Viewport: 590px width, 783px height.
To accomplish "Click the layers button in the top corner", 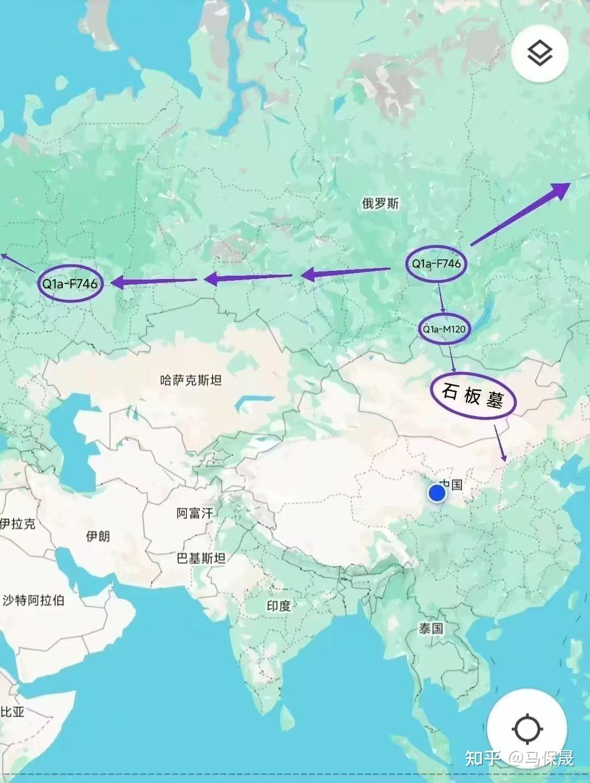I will pos(540,54).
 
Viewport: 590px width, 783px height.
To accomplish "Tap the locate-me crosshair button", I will pos(527,729).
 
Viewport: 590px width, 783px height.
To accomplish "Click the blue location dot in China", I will pos(436,493).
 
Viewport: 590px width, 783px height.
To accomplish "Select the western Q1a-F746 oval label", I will pos(70,283).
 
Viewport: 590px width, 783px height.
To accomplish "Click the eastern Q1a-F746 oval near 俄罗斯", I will pos(436,264).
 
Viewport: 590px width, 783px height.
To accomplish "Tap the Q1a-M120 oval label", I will pos(444,329).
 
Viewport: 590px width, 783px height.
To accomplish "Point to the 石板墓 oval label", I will pos(473,396).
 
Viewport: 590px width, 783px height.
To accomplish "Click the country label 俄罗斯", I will pos(380,204).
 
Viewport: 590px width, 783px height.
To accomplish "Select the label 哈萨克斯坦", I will pos(191,380).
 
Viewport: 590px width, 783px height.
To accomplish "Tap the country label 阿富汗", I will pos(194,513).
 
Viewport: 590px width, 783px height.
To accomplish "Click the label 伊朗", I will pos(98,536).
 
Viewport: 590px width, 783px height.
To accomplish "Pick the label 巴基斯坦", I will pos(201,558).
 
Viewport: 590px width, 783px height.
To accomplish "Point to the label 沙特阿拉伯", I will pos(34,601).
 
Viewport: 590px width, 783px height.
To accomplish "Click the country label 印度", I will pos(279,606).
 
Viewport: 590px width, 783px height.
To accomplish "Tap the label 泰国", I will pos(431,628).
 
